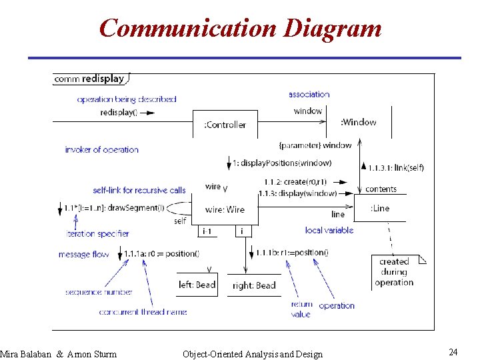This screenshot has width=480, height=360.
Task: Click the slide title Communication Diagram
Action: click(240, 29)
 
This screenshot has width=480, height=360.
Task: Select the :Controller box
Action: click(225, 125)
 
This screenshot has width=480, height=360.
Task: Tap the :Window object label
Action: click(359, 122)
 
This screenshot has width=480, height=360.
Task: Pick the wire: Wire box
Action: click(225, 209)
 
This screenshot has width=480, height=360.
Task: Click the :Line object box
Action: click(380, 208)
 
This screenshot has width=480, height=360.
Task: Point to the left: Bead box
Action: click(197, 285)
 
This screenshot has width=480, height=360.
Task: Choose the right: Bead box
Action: click(254, 285)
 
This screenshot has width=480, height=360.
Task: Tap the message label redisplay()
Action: click(119, 112)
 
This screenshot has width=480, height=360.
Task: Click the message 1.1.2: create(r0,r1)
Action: click(295, 181)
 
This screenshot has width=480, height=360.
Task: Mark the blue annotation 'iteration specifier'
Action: click(97, 233)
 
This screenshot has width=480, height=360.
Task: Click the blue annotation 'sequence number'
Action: click(99, 292)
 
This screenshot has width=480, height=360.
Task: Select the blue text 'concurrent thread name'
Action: click(143, 311)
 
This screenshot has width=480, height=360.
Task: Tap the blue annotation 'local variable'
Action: click(329, 230)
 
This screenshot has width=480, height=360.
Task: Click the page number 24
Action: click(453, 351)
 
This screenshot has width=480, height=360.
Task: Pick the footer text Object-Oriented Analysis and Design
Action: click(252, 354)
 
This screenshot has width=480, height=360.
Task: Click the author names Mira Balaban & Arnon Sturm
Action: click(59, 354)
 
